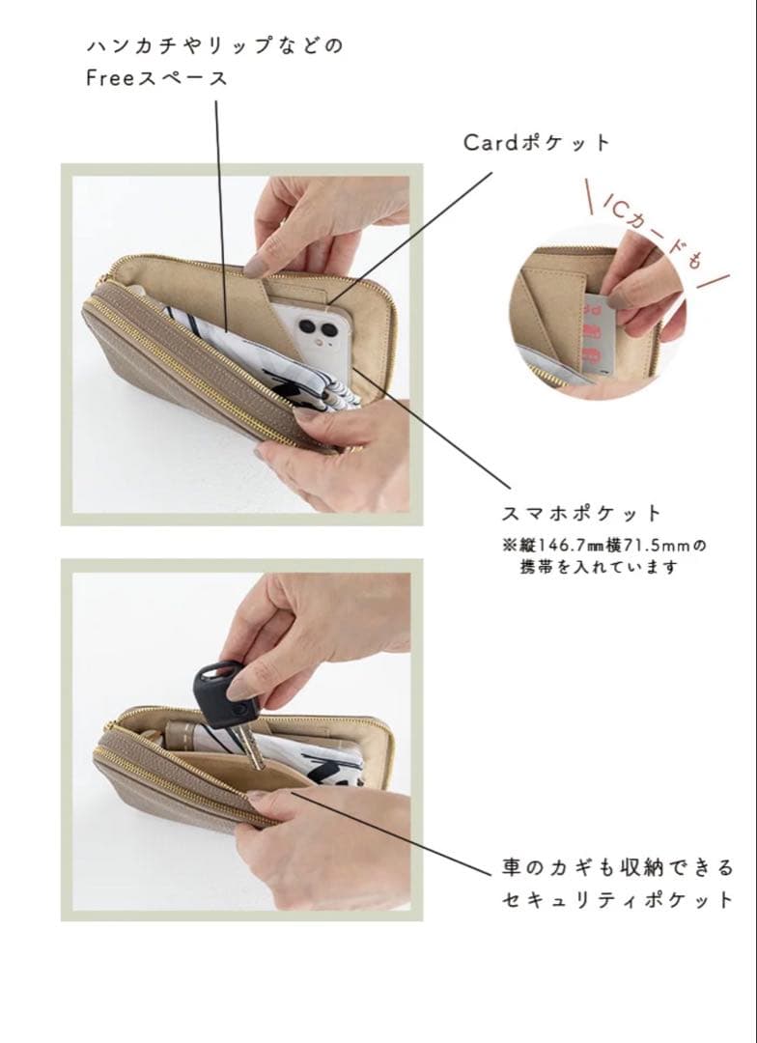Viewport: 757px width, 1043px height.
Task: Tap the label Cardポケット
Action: (x=537, y=143)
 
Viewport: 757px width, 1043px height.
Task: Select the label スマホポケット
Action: (x=580, y=513)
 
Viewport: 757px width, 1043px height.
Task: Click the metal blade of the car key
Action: (x=248, y=744)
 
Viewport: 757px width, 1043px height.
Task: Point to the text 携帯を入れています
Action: (x=599, y=568)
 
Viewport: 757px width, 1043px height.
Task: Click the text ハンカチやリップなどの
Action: (x=214, y=46)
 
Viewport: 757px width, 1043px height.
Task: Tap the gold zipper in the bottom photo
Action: (x=174, y=787)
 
